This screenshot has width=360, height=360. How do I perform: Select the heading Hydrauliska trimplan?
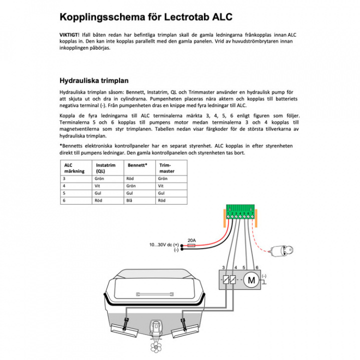[x=94, y=80]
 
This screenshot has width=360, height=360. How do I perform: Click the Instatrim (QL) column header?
[x=105, y=167]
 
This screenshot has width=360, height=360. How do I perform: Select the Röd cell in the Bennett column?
[x=130, y=178]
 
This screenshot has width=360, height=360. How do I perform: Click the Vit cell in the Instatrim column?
[x=97, y=185]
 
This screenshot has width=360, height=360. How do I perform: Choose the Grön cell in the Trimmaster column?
[x=162, y=178]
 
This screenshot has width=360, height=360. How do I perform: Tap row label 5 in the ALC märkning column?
[x=64, y=192]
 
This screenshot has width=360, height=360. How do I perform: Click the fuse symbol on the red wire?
[x=191, y=245]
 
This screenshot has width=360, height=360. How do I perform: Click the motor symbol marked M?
[x=250, y=280]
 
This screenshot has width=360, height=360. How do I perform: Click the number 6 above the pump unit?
[x=256, y=267]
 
